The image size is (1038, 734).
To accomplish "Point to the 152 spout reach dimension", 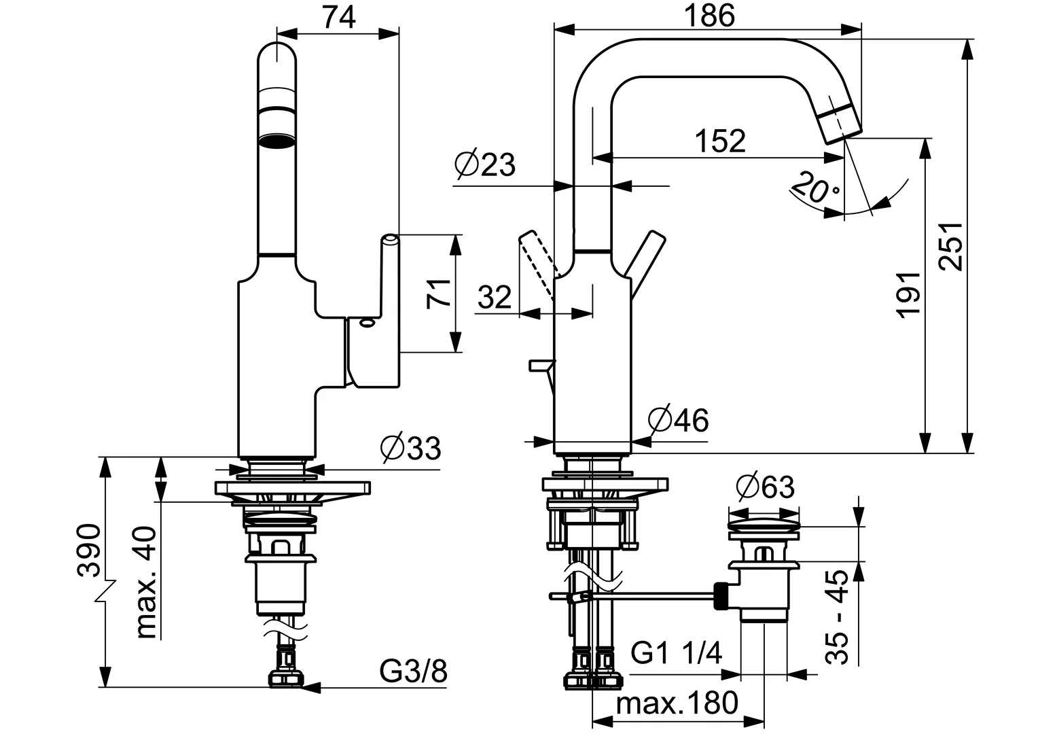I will (x=720, y=141).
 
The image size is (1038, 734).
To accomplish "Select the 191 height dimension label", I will (x=908, y=293).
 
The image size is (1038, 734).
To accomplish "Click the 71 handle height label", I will (x=440, y=294).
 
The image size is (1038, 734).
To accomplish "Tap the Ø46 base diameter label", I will (x=678, y=421).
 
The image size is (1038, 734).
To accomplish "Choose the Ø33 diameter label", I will (x=410, y=449).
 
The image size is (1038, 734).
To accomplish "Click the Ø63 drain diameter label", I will (x=764, y=487).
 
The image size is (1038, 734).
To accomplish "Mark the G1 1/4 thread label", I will (x=676, y=654).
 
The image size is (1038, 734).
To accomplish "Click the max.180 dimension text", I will (x=677, y=703).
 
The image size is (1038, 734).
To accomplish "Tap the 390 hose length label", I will (x=90, y=550).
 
